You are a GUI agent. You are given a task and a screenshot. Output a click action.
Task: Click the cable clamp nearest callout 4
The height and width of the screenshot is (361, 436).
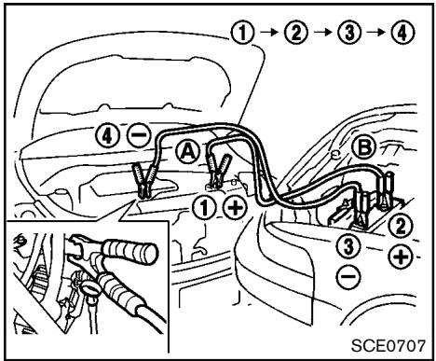pos(145,180)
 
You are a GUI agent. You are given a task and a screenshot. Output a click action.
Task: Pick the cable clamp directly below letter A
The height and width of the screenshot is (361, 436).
pos(218,173)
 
